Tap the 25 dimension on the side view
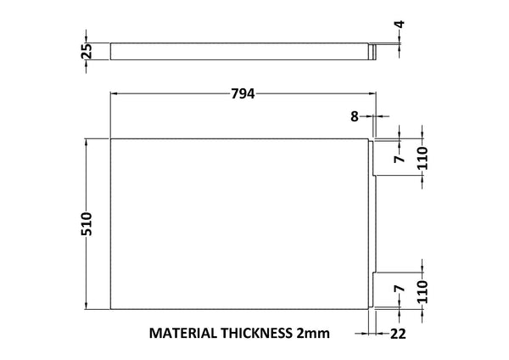click(87, 52)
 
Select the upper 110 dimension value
click(422, 157)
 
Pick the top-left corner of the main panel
click(111, 138)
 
